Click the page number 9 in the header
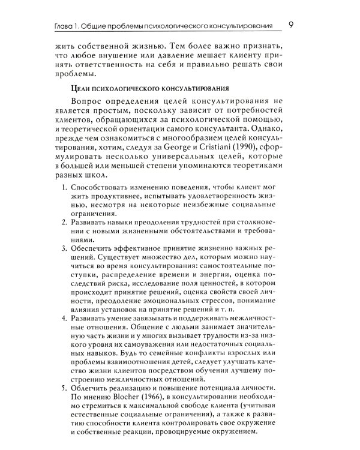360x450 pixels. click(x=290, y=25)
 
